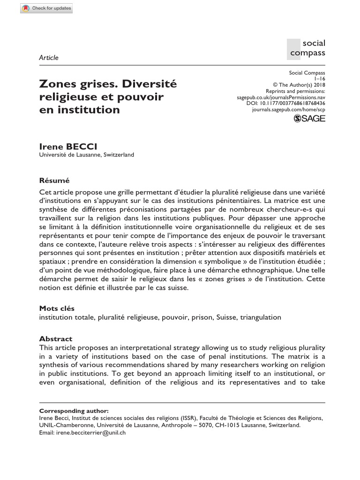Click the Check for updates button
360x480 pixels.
47,8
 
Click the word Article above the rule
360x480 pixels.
49,58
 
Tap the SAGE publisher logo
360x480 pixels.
309,119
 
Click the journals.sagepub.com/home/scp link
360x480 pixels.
288,109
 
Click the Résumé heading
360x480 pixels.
54,180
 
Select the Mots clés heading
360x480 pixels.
56,308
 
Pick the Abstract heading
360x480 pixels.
55,339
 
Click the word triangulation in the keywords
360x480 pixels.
261,317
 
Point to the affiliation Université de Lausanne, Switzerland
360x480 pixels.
87,155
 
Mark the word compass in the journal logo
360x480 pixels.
307,52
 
